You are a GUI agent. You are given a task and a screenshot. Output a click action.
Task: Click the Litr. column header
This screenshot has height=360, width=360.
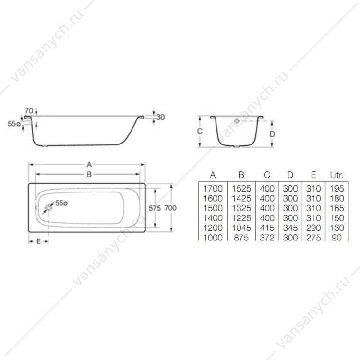tap(336, 175)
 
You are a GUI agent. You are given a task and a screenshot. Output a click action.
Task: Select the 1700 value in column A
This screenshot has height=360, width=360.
tap(213, 189)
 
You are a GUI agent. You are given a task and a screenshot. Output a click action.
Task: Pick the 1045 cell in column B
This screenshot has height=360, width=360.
tap(241, 228)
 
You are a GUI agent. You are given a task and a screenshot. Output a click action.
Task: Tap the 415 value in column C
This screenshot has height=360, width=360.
tap(267, 228)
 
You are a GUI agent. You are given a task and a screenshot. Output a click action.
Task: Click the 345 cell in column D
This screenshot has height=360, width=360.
tap(290, 228)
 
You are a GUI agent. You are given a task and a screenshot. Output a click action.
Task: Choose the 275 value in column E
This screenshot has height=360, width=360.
tap(313, 238)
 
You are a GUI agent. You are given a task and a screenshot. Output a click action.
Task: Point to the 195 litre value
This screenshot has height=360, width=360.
tap(337, 189)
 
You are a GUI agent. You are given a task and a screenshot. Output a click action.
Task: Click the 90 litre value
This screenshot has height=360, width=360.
tap(336, 238)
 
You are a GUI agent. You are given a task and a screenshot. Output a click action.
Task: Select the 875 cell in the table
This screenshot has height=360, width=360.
tap(241, 238)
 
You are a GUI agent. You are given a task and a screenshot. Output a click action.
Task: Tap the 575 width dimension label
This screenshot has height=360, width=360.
tap(155, 208)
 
